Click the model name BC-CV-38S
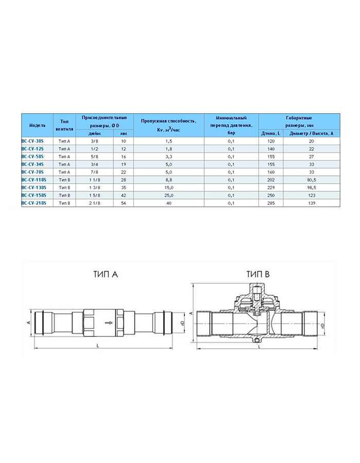click(x=32, y=141)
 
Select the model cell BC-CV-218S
click(x=33, y=203)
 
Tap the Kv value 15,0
click(x=169, y=187)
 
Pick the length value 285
click(x=271, y=203)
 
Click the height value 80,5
click(x=312, y=180)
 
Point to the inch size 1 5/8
click(x=95, y=195)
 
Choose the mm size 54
click(x=123, y=203)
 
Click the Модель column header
click(x=38, y=125)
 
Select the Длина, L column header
click(x=271, y=133)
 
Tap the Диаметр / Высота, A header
click(x=311, y=133)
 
